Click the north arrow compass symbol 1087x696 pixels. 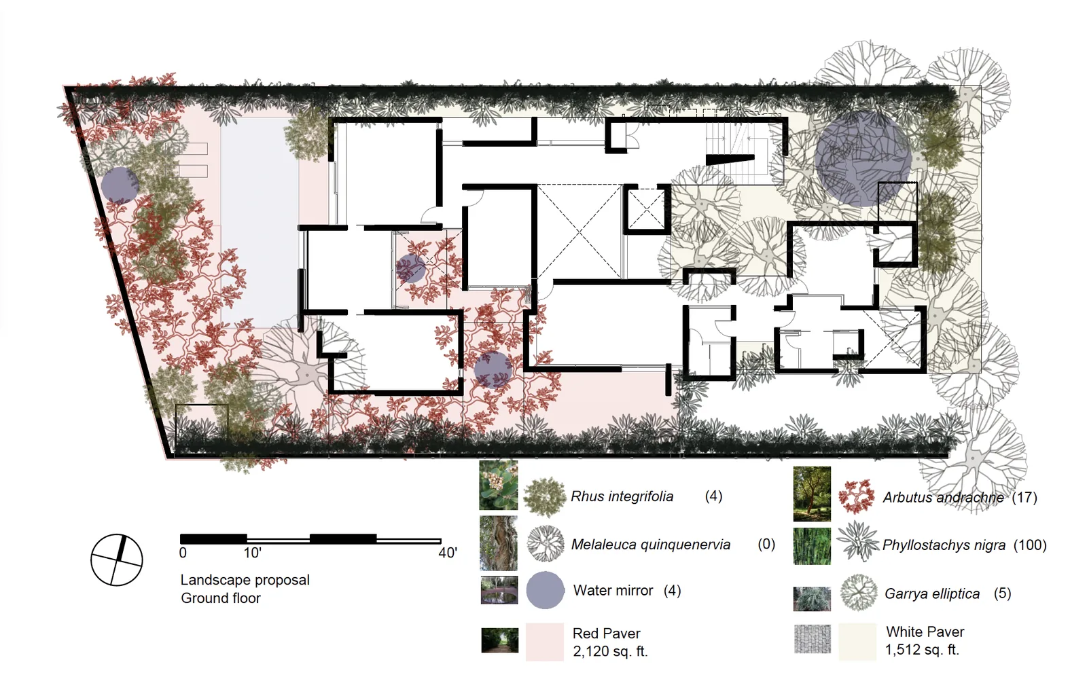[x=116, y=560]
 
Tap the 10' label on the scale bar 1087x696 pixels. [x=252, y=553]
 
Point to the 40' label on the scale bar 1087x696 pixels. [x=448, y=553]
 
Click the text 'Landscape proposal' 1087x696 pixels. [x=245, y=580]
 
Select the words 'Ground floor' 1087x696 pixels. [x=221, y=598]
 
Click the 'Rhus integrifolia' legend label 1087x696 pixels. [x=622, y=496]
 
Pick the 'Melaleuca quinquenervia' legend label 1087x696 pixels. [x=651, y=545]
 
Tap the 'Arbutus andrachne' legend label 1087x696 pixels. [x=944, y=498]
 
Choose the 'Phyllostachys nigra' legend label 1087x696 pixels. [x=944, y=545]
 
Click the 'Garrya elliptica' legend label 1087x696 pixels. [x=932, y=593]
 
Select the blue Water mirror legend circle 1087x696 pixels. [x=545, y=590]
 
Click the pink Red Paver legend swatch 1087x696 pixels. [x=545, y=642]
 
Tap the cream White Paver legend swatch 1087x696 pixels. [x=857, y=642]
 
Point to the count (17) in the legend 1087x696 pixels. [x=1024, y=498]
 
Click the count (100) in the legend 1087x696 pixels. [x=1030, y=545]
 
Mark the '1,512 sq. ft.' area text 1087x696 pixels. [x=922, y=650]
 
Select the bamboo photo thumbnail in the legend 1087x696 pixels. [x=812, y=546]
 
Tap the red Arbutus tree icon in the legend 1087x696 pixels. [x=857, y=496]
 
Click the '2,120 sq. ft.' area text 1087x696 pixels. [x=610, y=651]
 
